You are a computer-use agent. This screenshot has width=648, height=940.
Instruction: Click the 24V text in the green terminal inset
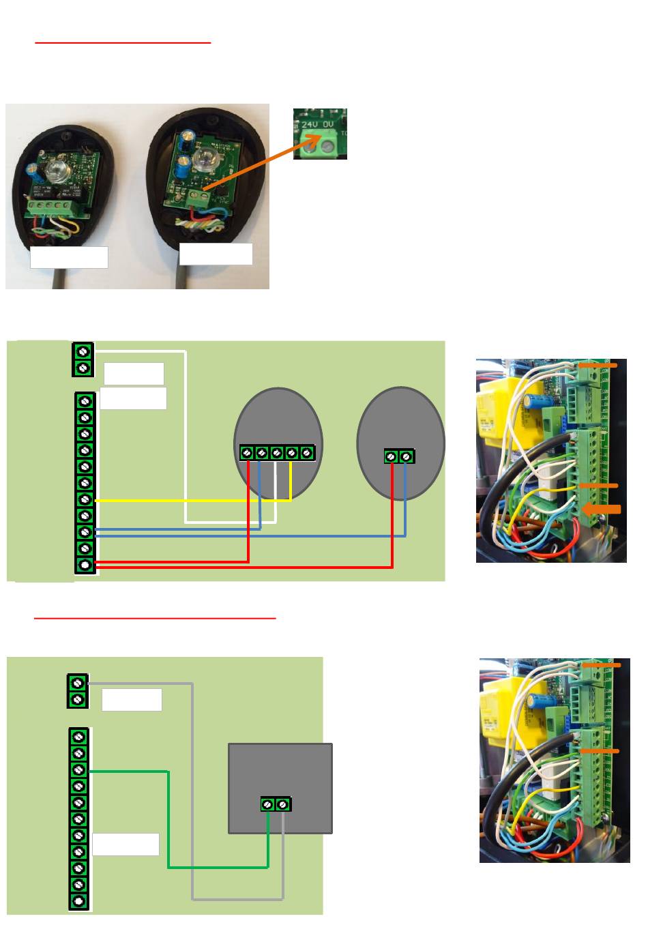[310, 125]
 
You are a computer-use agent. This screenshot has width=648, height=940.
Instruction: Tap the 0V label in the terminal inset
[328, 125]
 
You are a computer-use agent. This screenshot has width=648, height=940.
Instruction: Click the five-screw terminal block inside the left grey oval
[277, 452]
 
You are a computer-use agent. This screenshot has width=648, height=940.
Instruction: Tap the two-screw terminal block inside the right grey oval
[399, 456]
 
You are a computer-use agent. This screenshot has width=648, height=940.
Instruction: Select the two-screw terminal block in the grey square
[276, 805]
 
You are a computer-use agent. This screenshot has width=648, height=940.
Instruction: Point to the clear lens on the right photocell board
[203, 160]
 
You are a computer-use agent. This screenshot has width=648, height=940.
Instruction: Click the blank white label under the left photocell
[69, 257]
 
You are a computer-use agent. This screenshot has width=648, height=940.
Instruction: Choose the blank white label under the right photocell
[216, 254]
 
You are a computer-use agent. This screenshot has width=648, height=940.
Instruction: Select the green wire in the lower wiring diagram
[168, 819]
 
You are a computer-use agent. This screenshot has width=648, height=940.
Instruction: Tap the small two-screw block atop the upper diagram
[83, 359]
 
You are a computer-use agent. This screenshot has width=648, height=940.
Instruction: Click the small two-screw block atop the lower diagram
[78, 691]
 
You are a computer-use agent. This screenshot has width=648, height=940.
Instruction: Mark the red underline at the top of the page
[123, 42]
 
